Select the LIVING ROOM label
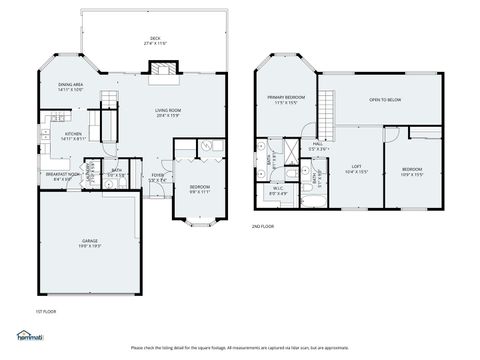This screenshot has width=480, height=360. (x=167, y=113)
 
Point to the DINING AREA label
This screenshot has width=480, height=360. (x=71, y=87)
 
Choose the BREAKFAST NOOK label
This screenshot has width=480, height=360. (x=61, y=177)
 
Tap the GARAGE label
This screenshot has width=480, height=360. (x=91, y=242)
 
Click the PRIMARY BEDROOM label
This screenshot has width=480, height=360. (x=285, y=100)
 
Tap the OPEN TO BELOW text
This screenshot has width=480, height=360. (x=385, y=100)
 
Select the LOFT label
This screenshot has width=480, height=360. (x=356, y=169)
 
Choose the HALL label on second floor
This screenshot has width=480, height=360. (x=317, y=146)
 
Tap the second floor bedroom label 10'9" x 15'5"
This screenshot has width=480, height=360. (x=412, y=172)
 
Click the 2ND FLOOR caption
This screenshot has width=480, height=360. (x=264, y=226)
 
